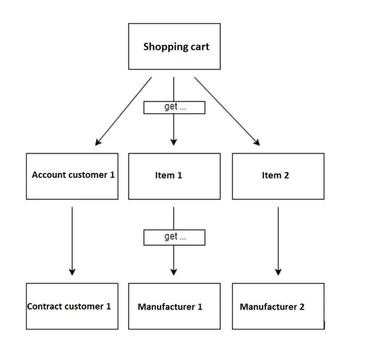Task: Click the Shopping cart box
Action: (174, 46)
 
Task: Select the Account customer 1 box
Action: (72, 176)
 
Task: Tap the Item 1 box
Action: (174, 176)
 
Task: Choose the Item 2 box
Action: (278, 176)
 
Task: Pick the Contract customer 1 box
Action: (72, 306)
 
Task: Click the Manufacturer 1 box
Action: (174, 306)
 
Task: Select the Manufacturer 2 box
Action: (278, 306)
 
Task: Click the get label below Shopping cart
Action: (174, 107)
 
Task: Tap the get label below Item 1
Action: (174, 237)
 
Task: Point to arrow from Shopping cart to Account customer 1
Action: (124, 111)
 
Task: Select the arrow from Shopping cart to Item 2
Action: (227, 111)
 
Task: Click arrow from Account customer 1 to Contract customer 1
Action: (72, 239)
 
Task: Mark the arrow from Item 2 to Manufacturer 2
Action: (278, 239)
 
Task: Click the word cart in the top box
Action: (199, 47)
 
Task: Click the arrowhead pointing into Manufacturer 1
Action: (174, 272)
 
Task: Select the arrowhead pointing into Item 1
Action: (174, 142)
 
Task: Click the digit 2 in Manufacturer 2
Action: (301, 307)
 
